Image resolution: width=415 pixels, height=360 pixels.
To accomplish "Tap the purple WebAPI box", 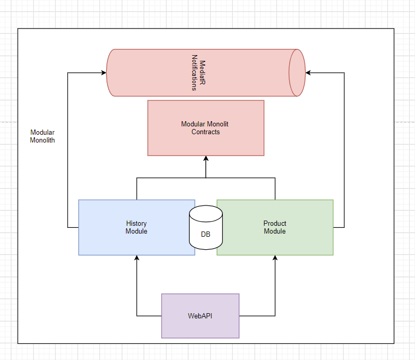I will point(200,316).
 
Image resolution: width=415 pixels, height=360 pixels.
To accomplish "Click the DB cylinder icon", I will point(206,227).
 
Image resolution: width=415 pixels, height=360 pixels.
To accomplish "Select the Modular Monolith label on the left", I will point(42,136).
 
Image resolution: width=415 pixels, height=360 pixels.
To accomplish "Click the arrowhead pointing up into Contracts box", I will point(206,159).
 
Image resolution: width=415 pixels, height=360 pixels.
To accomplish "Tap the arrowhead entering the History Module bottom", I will point(137,259).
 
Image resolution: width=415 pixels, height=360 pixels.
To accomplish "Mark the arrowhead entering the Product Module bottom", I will point(275,259).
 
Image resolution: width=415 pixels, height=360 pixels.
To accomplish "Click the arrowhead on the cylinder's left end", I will point(103,73).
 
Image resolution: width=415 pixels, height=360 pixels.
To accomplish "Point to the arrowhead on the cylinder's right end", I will point(308,73).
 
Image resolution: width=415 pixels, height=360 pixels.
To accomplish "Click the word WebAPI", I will point(200,316).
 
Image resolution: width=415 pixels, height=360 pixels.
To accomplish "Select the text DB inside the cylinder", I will point(206,235).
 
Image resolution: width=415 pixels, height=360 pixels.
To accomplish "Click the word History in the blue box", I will point(136,224).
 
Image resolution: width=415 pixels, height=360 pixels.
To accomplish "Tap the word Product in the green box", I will point(275,224).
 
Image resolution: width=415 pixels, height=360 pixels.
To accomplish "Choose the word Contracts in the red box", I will point(206,132).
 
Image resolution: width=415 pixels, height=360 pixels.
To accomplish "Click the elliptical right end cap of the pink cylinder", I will point(297,73).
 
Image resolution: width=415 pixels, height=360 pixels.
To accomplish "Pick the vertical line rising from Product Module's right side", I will point(344,151).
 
